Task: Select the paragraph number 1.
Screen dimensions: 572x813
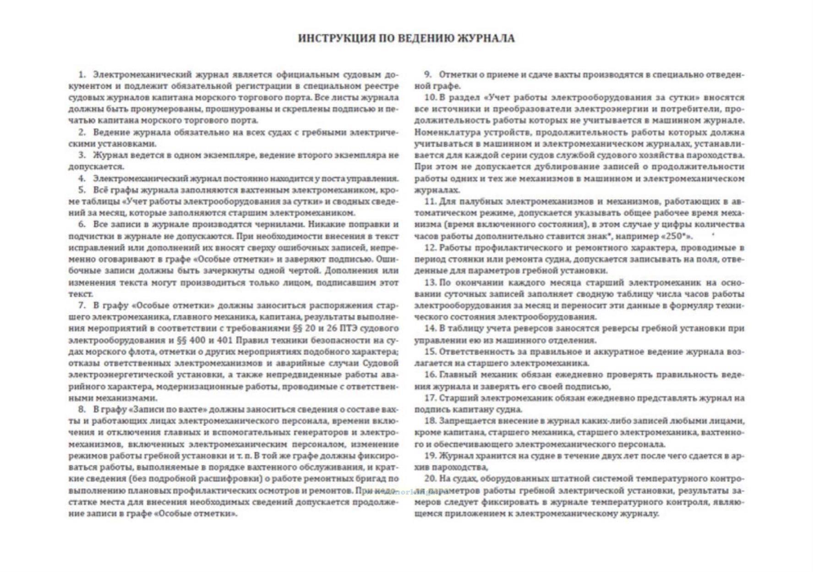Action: coord(82,75)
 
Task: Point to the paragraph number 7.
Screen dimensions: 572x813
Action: coord(82,306)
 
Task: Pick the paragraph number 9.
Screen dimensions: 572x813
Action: coord(428,75)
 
